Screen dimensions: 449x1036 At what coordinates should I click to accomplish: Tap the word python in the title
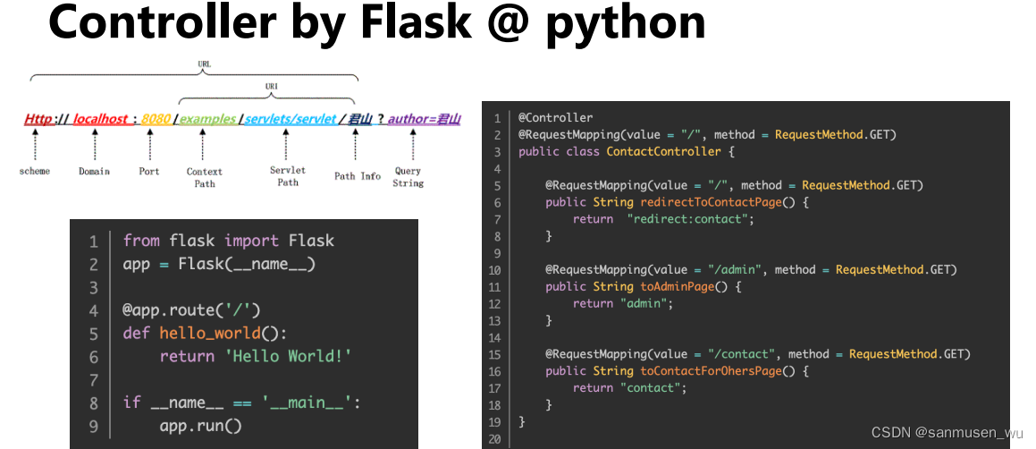coord(625,23)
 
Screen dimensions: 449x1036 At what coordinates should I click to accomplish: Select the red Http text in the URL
coord(38,118)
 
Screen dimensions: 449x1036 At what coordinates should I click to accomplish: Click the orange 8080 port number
coord(155,118)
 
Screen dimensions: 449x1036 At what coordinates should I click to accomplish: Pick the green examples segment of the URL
coord(207,118)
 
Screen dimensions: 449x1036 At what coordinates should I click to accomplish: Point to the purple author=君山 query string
coord(423,118)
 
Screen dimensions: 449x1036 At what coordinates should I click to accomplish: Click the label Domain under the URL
coord(94,171)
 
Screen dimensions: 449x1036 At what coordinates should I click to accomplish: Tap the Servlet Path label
coord(288,176)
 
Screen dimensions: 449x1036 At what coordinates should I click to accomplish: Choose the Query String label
coord(408,177)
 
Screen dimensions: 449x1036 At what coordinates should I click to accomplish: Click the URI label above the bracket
coord(271,86)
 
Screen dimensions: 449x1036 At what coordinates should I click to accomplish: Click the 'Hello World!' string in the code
coord(256,356)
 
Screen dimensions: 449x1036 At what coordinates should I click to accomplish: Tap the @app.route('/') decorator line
coord(191,310)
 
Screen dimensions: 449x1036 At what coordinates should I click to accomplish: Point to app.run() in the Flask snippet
coord(201,425)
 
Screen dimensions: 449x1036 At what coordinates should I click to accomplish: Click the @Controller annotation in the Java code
coord(555,117)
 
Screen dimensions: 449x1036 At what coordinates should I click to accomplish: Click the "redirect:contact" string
coord(691,219)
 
